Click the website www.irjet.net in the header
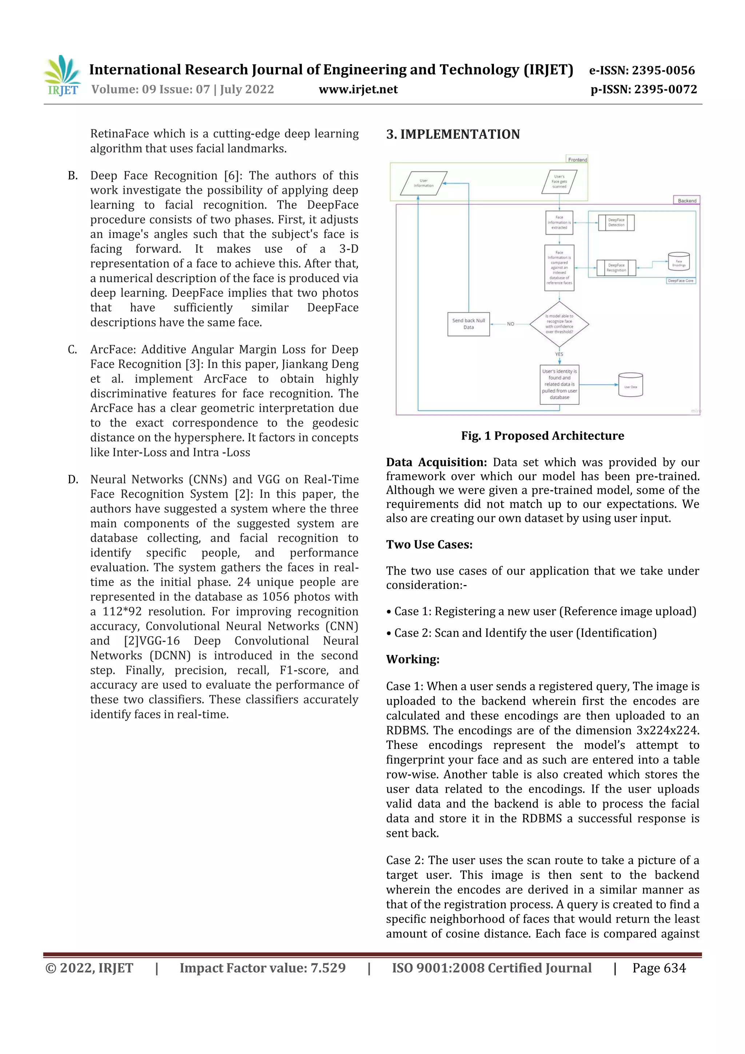pos(358,90)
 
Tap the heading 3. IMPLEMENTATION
pos(453,135)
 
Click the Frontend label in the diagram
pos(577,160)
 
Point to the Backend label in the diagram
pos(687,200)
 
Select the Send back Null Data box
pos(468,324)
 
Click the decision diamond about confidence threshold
pos(559,324)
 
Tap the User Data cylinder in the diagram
pos(630,385)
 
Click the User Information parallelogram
pos(423,183)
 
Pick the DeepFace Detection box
pos(616,223)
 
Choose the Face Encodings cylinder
pos(678,262)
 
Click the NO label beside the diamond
pos(510,324)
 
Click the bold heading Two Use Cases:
pos(429,544)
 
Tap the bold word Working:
pos(412,659)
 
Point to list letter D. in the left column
pos(73,480)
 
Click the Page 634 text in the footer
pos(659,968)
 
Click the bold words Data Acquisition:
pos(436,462)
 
